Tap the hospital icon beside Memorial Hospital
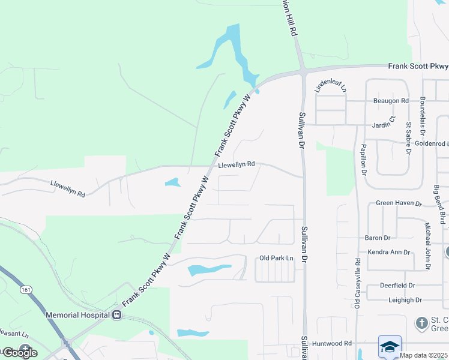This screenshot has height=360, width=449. tap(116, 314)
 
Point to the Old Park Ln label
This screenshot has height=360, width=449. tap(276, 258)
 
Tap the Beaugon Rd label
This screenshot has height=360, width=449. tap(391, 101)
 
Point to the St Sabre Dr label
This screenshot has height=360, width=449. tap(409, 139)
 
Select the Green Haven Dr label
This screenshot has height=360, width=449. tap(399, 203)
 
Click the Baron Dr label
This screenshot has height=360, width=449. tap(378, 238)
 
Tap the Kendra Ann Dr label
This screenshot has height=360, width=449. tap(388, 253)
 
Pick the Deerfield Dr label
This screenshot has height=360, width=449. tap(401, 286)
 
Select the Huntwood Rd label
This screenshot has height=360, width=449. tap(331, 344)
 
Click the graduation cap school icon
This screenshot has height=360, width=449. tap(390, 346)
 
